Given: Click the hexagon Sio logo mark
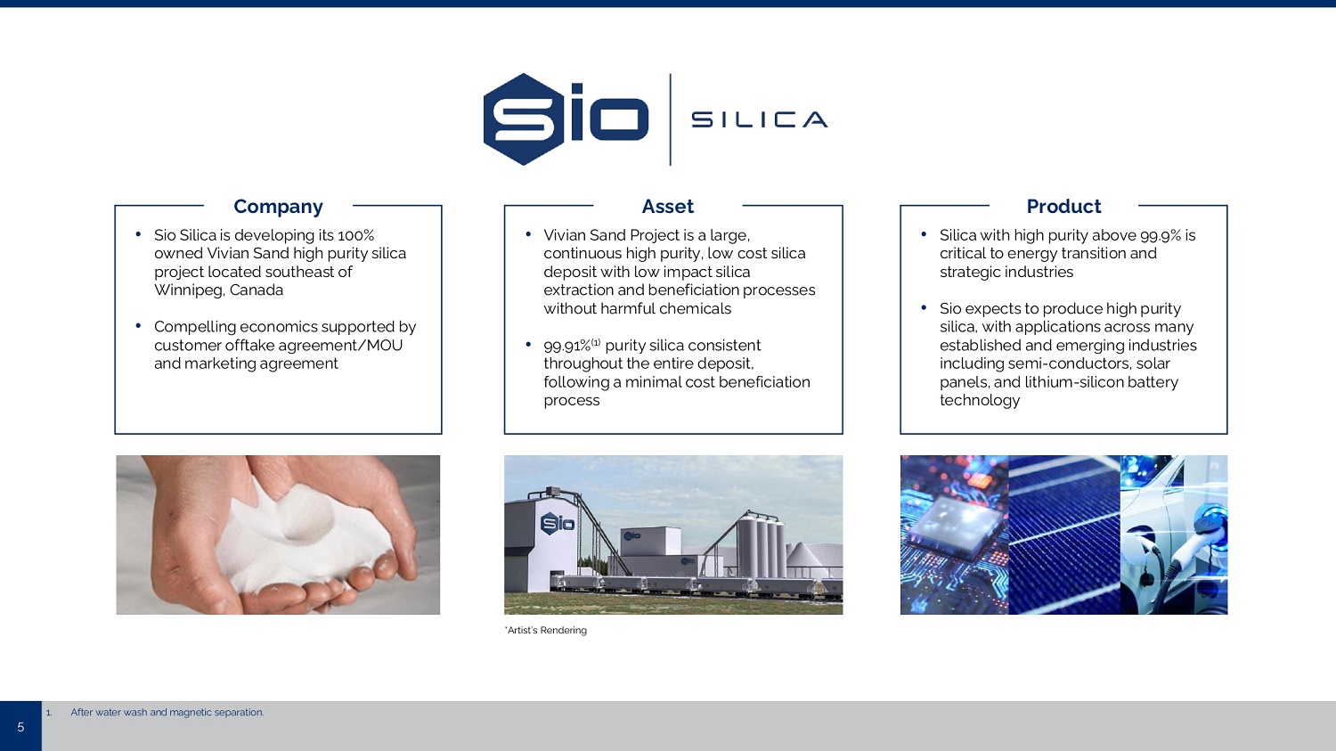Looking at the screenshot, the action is click(x=524, y=119).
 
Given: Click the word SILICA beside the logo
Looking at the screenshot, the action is click(x=759, y=119).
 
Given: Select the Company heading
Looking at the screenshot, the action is click(x=278, y=207).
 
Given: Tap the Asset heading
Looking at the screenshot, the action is click(x=667, y=207).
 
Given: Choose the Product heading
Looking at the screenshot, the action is click(x=1063, y=207).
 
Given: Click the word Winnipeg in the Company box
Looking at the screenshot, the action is click(x=189, y=290).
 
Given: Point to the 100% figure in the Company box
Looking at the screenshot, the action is click(x=355, y=235).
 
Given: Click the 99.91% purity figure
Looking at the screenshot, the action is click(x=567, y=346).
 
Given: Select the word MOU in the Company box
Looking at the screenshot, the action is click(x=384, y=346).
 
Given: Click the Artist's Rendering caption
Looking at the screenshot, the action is click(x=546, y=631).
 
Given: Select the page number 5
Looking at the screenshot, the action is click(x=20, y=727).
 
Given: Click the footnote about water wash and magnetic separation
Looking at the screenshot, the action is click(x=167, y=712).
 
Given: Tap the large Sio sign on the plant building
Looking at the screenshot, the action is click(x=557, y=524).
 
